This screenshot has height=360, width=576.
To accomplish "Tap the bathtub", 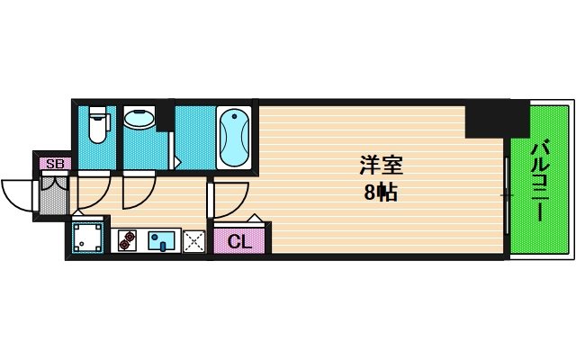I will pos(234,138).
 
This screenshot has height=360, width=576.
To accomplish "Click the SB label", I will pos(55,164).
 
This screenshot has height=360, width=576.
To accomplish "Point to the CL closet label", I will pos(238,241).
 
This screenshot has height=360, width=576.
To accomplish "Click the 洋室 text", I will pos(381,166).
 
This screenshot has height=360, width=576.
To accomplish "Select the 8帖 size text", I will pos(381,192).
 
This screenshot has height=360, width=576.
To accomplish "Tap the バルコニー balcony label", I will pos(539,181).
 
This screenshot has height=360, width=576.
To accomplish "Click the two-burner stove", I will pos(126,240).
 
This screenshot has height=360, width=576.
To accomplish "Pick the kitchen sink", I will pos(163,240).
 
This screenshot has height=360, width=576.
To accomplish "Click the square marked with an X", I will pos(193,240).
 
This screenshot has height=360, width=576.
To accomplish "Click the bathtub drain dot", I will pos(236,117).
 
